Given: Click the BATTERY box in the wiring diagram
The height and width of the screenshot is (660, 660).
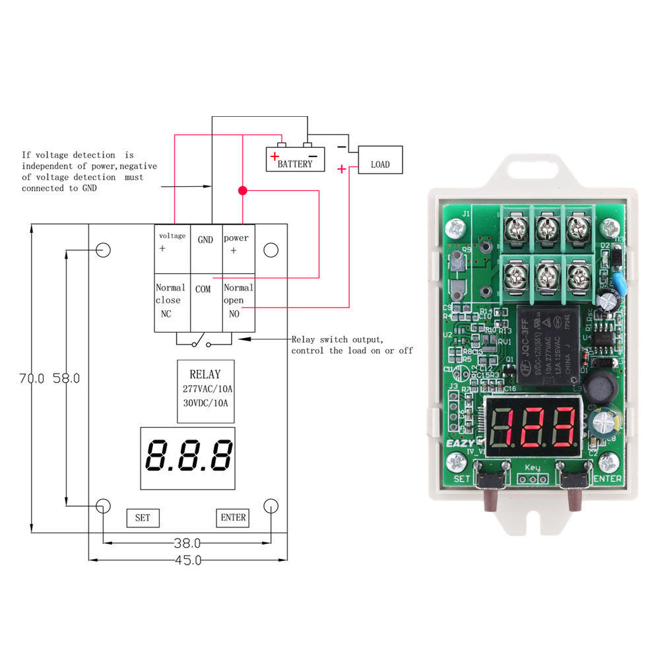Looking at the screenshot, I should tap(295, 159).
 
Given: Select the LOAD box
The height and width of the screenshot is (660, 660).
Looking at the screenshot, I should tap(379, 160).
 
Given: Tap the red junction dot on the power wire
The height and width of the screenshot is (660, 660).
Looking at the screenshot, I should tap(242, 191).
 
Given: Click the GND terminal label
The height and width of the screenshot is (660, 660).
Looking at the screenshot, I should tap(205, 240).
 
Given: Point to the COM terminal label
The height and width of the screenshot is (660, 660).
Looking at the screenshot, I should tap(203, 289).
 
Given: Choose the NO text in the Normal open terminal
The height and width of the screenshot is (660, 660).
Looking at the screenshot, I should tap(234, 314).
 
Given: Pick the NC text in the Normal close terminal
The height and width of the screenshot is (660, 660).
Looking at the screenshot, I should tap(166, 314).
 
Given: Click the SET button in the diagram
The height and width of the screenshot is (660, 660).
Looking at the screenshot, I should tap(143, 517).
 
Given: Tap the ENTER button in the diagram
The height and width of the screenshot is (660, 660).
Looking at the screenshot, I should tap(233, 517).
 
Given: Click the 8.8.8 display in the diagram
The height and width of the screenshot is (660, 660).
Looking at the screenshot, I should tap(189, 457).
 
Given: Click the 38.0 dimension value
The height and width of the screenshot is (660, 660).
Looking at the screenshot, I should tap(187, 544).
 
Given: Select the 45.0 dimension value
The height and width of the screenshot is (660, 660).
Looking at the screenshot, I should tap(187, 560).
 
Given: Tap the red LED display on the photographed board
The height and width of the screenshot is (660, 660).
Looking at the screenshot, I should tap(535, 428).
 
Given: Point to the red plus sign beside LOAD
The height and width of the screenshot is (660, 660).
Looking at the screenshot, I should tap(341, 169).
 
